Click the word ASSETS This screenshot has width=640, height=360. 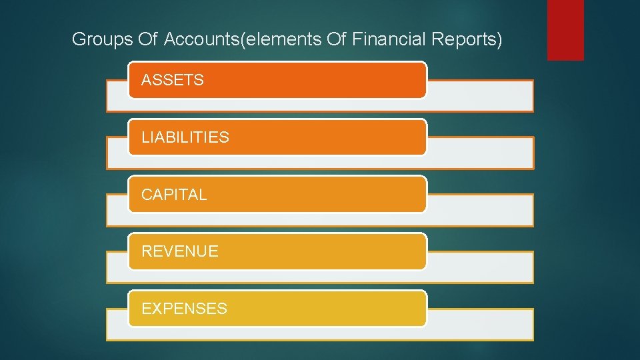[173, 80]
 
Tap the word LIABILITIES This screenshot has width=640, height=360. [185, 137]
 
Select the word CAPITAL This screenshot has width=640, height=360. [174, 195]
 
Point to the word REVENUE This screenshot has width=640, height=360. [180, 251]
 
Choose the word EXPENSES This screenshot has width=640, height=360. [185, 309]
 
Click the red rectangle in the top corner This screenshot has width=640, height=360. [565, 30]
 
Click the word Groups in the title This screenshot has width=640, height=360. [94, 40]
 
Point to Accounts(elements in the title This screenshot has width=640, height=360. [243, 40]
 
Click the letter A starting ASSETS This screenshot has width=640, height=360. [147, 80]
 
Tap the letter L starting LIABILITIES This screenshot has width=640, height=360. [145, 137]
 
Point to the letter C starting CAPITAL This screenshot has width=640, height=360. [147, 195]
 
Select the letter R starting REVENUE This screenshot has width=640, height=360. [147, 251]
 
